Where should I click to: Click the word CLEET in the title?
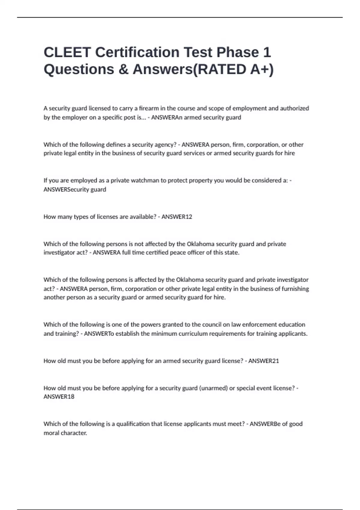click(x=67, y=52)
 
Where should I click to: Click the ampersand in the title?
click(x=123, y=69)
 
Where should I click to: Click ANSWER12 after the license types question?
click(x=177, y=217)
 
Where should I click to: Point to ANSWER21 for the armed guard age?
click(x=263, y=361)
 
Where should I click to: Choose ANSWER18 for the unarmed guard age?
click(x=59, y=397)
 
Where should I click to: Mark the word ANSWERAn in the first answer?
click(x=166, y=117)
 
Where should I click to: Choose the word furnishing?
click(x=295, y=289)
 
